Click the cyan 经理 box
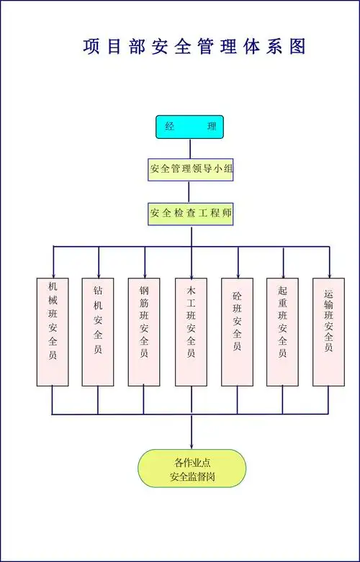(190, 127)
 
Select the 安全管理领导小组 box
(190, 170)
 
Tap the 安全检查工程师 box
(191, 214)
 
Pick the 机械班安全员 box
(53, 332)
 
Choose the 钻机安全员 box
(98, 332)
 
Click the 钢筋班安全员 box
(144, 332)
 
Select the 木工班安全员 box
(191, 332)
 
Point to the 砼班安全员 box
(237, 332)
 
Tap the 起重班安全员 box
(282, 332)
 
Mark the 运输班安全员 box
(328, 332)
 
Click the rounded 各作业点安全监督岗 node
(192, 468)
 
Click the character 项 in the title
(92, 47)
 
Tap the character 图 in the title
(297, 47)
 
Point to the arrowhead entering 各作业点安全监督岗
(192, 445)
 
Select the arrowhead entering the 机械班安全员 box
(53, 273)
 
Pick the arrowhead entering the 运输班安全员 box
(329, 273)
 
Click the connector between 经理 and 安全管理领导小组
(190, 149)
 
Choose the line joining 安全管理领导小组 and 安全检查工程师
(190, 191)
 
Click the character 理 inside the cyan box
(211, 127)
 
